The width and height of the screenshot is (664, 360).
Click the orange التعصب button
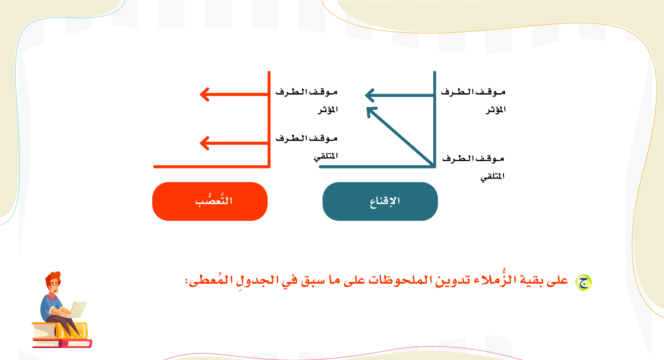pos(210,201)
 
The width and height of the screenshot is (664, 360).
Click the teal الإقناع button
pos(380,201)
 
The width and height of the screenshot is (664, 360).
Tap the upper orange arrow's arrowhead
pos(205,95)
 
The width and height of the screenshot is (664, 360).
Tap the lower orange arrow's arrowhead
pos(205,143)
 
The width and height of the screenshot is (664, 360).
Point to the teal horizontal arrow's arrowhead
pos(370,96)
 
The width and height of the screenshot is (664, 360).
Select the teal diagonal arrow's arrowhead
pos(371,112)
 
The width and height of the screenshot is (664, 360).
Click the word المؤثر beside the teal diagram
pos(495,110)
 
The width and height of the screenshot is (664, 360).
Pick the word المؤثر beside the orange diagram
pos(328,110)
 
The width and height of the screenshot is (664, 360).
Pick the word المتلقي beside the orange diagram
pos(326,156)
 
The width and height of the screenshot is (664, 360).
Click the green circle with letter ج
pos(583,282)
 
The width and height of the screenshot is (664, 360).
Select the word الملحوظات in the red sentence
pos(400,280)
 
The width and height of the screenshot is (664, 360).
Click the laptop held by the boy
pos(78,309)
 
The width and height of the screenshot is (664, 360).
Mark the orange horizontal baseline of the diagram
pos(212,167)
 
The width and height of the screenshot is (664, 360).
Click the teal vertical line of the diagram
pos(435,120)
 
